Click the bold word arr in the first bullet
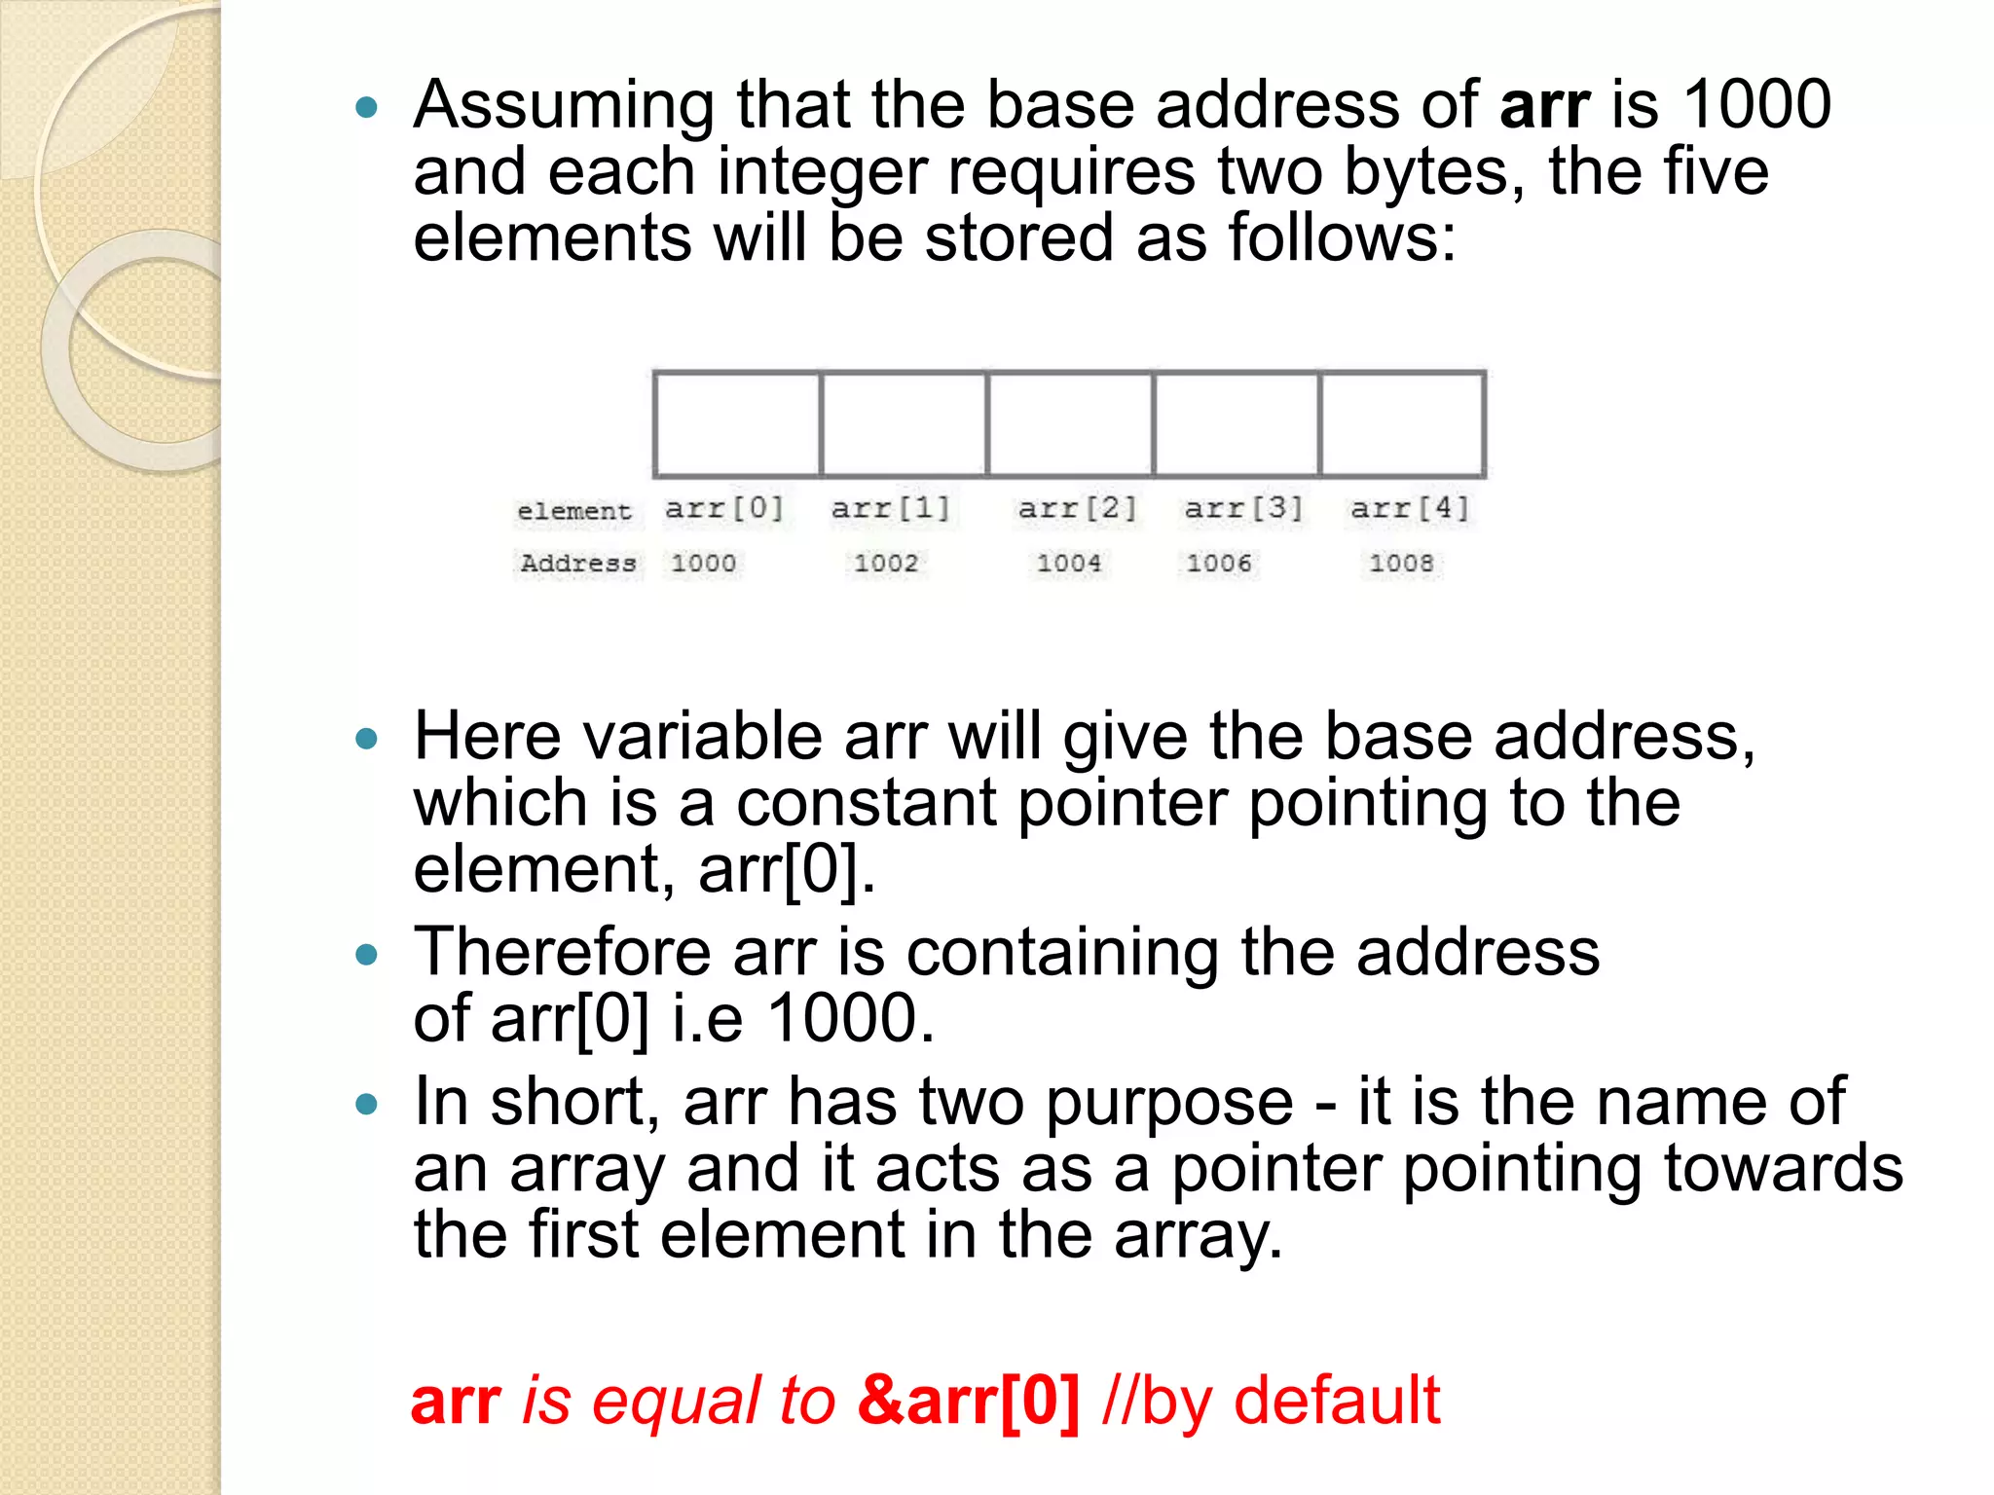(1544, 105)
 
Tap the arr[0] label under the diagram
(723, 508)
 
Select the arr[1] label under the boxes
(890, 508)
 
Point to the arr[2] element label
(1077, 508)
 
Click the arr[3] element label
(1243, 508)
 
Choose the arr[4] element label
(1409, 508)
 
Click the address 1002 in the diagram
(886, 563)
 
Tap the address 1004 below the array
(1069, 563)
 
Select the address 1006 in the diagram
(1219, 563)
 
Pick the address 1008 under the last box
(1401, 563)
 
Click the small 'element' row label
(574, 511)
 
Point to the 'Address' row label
(578, 563)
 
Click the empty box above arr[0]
(738, 424)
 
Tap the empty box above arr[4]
(1402, 424)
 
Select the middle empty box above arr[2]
(1070, 424)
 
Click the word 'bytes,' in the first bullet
(1434, 172)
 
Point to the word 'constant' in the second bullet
(866, 803)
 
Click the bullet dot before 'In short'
(367, 1104)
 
